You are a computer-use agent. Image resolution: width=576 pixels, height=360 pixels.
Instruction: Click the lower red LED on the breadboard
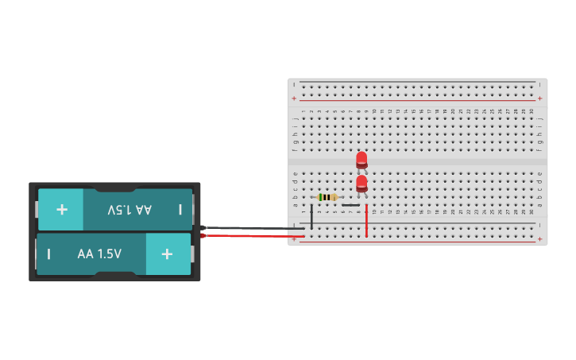[x=361, y=184]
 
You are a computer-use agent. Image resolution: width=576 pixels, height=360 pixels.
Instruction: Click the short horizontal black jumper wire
[x=350, y=205]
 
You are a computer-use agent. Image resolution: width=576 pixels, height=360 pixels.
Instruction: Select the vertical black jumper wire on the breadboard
[x=311, y=216]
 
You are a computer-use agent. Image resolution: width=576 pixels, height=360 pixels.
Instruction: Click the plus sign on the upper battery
[x=61, y=210]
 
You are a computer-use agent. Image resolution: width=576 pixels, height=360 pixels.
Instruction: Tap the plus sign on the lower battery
[x=167, y=254]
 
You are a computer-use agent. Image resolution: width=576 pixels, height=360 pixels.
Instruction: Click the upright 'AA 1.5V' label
[x=99, y=254]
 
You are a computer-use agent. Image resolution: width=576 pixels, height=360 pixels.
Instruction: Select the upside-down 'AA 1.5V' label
[x=129, y=210]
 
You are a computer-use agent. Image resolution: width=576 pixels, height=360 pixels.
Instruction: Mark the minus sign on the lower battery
[x=49, y=254]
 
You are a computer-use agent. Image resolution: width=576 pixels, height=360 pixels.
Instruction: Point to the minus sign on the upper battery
[x=180, y=210]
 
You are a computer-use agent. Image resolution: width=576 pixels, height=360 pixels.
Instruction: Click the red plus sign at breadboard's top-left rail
[x=295, y=99]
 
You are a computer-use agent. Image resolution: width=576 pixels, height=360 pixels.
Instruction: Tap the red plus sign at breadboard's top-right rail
[x=539, y=99]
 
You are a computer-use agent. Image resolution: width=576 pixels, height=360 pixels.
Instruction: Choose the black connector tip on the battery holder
[x=203, y=227]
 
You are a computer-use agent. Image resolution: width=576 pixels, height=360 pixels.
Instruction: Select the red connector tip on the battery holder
[x=203, y=235]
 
